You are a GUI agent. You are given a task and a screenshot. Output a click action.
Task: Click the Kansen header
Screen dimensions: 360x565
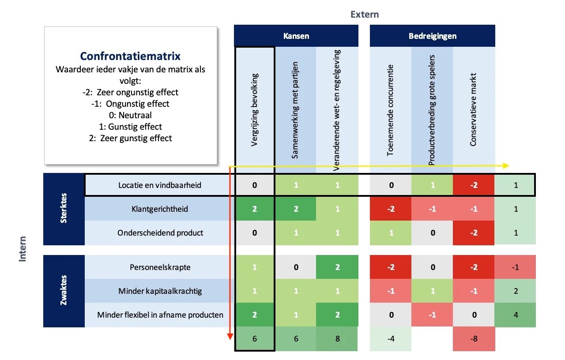[296, 36]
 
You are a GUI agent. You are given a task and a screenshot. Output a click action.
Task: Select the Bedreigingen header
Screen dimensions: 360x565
[432, 36]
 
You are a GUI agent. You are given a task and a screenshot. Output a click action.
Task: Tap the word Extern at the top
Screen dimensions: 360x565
[365, 14]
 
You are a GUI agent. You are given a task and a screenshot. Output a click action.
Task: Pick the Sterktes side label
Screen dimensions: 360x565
[64, 209]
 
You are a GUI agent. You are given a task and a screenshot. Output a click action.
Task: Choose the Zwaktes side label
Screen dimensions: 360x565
[64, 291]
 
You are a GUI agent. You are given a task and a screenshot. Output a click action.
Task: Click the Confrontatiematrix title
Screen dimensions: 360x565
[130, 56]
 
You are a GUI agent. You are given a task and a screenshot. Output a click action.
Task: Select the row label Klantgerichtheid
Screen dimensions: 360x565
[159, 209]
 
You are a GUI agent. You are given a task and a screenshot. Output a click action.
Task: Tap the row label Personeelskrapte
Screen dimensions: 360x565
[159, 267]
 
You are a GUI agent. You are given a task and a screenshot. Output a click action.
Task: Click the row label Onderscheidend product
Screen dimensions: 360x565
[160, 232]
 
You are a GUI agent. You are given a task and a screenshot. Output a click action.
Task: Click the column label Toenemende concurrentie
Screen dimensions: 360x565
[390, 110]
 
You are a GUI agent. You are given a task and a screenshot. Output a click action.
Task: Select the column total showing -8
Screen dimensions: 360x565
[474, 339]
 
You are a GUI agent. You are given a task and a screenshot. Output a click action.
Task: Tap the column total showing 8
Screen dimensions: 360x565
[338, 339]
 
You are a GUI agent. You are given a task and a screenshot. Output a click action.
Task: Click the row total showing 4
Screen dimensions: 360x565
[515, 315]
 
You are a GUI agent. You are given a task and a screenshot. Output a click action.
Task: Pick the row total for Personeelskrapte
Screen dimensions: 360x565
[515, 267]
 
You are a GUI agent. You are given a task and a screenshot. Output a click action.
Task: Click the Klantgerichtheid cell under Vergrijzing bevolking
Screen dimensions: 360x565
[255, 209]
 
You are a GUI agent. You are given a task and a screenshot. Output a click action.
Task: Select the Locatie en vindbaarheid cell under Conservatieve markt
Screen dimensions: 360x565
[474, 185]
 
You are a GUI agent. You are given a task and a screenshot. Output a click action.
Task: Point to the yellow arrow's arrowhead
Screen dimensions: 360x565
[506, 165]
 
